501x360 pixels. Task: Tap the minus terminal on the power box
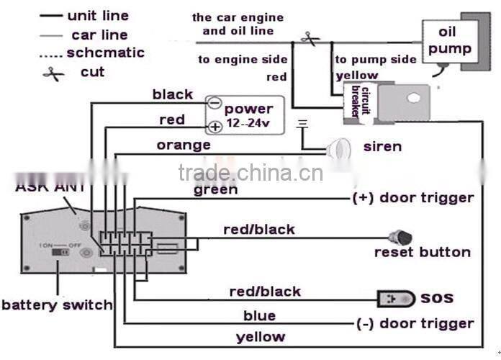click(215, 103)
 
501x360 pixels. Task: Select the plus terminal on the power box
click(215, 127)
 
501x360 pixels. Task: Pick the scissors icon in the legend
click(53, 73)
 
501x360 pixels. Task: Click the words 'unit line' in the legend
click(97, 15)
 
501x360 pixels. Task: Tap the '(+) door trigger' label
click(413, 198)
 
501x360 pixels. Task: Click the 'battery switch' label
click(57, 305)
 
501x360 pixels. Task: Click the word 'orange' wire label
click(184, 145)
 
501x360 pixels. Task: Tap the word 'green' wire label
click(215, 190)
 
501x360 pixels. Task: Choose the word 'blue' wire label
click(259, 315)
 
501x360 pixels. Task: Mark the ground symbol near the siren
click(303, 124)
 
